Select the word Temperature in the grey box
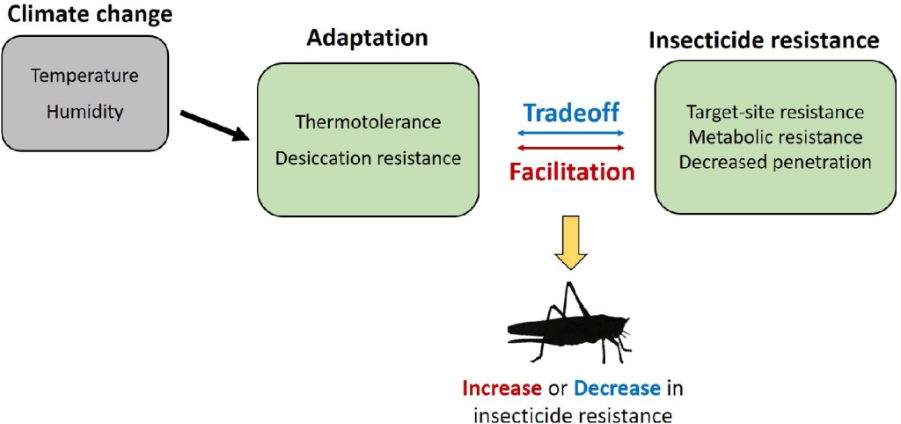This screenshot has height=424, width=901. pos(84,76)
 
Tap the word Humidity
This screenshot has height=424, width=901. pos(84,113)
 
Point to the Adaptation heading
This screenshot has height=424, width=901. pos(367,39)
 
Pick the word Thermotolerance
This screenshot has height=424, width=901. pos(368,121)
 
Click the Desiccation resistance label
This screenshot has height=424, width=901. pos(368,158)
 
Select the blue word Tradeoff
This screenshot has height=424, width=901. pos(572,113)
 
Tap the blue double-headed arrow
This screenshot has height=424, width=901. pos(572,132)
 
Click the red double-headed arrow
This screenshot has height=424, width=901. pos(572,148)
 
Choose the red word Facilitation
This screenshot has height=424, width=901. pos(572,172)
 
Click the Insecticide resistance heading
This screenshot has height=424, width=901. pos(763,40)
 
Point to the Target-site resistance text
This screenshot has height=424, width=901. pos(774,113)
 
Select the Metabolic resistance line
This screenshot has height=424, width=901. pos(774,137)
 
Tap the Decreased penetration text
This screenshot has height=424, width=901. pos(774,162)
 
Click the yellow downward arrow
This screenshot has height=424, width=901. pos(572,240)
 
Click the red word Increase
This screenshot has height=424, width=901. pos(502,389)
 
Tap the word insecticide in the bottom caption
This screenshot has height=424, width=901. pos(526,413)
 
